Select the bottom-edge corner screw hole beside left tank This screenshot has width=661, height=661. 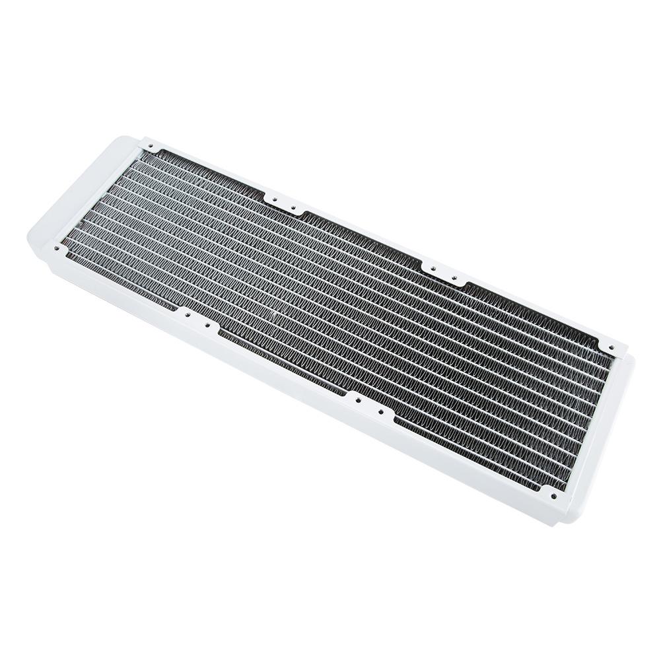pyautogui.click(x=57, y=248)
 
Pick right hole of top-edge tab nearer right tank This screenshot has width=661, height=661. pyautogui.click(x=454, y=277)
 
